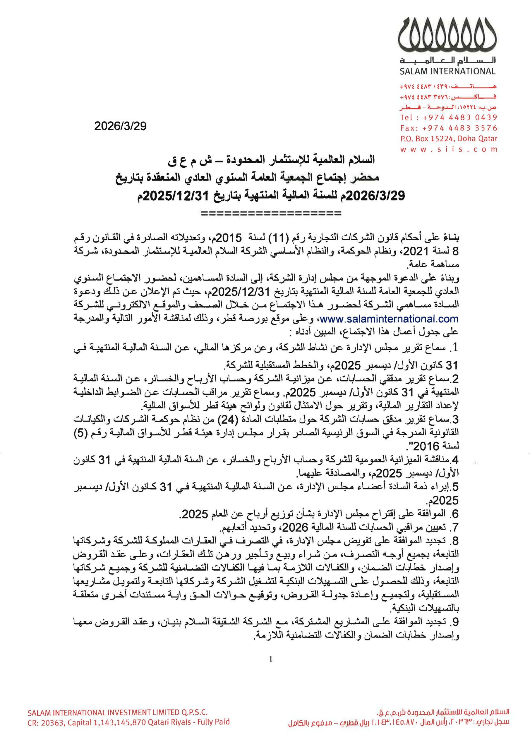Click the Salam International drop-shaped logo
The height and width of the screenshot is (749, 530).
447,34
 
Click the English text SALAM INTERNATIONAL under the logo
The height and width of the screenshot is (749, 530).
447,71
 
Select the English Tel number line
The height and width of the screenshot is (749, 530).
448,117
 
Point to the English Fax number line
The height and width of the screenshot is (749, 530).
448,128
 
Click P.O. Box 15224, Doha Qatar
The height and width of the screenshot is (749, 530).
448,139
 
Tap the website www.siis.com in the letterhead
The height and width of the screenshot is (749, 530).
448,150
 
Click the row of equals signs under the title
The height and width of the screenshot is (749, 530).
271,214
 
